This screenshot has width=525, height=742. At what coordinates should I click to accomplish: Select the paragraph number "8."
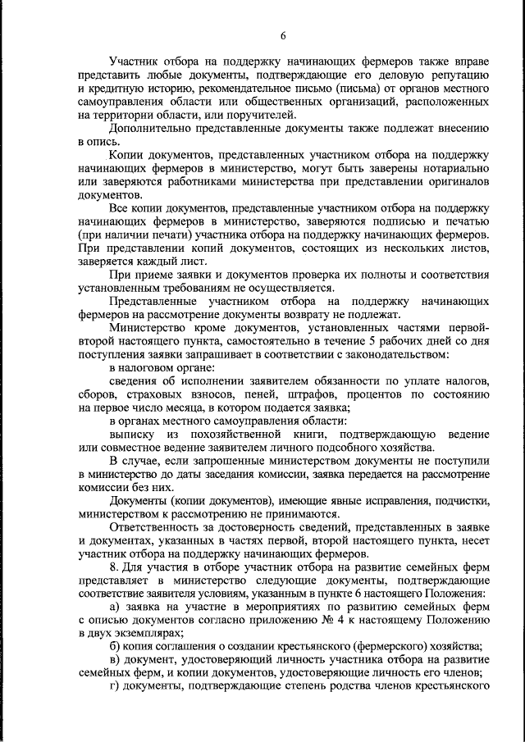point(115,567)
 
